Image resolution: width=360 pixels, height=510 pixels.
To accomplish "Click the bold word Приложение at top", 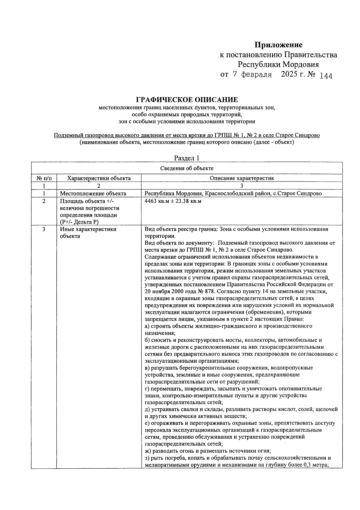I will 278,45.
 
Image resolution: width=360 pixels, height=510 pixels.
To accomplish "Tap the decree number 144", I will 326,76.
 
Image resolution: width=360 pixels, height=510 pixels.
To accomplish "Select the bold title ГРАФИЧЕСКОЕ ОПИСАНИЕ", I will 187,100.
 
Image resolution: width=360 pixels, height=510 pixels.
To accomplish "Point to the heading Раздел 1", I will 187,158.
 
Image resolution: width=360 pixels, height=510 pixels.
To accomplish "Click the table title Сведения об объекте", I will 187,168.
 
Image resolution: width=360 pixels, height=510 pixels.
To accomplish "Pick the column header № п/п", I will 44,178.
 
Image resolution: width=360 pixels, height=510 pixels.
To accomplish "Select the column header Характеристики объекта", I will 99,178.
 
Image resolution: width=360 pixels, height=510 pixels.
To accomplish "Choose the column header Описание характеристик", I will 242,178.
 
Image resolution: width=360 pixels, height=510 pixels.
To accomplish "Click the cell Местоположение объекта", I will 93,193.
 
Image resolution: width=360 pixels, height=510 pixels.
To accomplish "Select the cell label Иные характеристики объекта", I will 88,233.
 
